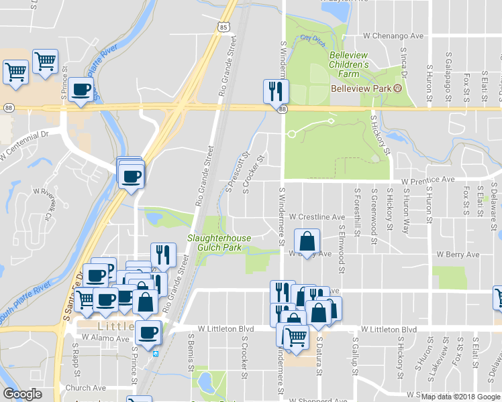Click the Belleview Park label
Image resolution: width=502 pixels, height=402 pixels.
(x=360, y=88)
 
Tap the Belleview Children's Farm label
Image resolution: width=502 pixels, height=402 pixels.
(x=348, y=68)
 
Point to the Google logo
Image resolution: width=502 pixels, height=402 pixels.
(x=22, y=394)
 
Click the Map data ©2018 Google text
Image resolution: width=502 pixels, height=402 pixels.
(x=461, y=397)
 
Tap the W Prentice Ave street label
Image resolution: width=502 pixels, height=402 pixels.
(x=428, y=180)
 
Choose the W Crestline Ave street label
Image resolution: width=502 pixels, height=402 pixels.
(x=317, y=217)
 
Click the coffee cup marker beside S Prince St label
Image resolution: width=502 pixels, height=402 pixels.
(x=81, y=90)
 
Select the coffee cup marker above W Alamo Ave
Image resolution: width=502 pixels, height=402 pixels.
(x=148, y=332)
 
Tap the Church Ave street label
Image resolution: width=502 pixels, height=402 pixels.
(x=86, y=388)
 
